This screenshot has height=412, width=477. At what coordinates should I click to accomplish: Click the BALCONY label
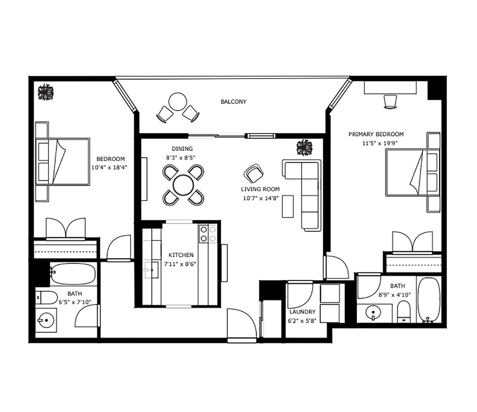(x=233, y=102)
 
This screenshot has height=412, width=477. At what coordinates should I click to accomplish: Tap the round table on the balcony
(x=177, y=102)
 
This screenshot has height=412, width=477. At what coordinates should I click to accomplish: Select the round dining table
(x=183, y=185)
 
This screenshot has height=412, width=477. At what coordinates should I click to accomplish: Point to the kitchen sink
(x=151, y=270)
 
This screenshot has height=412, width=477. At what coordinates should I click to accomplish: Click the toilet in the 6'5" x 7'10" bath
(x=46, y=297)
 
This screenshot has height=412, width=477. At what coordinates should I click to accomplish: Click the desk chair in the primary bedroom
(x=390, y=102)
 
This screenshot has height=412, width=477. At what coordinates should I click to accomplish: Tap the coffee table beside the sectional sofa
(x=288, y=206)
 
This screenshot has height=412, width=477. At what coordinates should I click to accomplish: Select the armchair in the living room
(x=253, y=173)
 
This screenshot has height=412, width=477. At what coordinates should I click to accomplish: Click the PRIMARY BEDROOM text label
(x=376, y=134)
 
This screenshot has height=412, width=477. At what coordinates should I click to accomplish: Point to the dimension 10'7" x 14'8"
(x=261, y=198)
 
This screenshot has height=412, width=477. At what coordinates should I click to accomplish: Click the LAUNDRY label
(x=302, y=312)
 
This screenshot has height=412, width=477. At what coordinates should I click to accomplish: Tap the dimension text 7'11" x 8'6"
(x=180, y=264)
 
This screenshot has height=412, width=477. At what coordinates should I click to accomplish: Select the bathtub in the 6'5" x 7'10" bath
(x=73, y=274)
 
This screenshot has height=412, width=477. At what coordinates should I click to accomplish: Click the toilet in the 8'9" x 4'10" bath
(x=404, y=311)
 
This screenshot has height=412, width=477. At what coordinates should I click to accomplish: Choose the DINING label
(x=182, y=149)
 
